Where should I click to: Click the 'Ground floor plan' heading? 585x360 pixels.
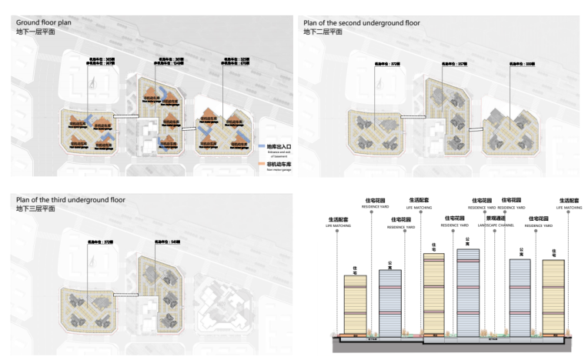[x=45, y=23]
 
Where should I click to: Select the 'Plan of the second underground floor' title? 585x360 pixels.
[x=362, y=23]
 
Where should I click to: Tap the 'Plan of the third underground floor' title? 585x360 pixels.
[x=70, y=200]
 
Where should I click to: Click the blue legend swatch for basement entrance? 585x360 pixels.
[x=262, y=145]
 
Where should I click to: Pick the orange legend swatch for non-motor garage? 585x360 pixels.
[x=262, y=163]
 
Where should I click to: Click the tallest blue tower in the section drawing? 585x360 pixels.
[x=473, y=292]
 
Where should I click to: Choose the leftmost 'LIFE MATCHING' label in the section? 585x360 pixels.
[x=338, y=225]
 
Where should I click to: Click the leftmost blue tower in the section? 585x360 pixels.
[x=390, y=303]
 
